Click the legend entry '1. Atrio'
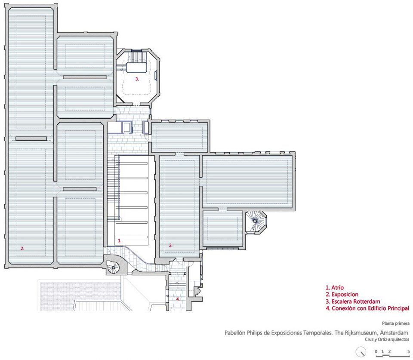pyautogui.click(x=335, y=288)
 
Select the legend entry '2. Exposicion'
pyautogui.click(x=342, y=295)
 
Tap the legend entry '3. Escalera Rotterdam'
pyautogui.click(x=353, y=301)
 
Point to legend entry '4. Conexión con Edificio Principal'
pyautogui.click(x=367, y=308)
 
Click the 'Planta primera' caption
pyautogui.click(x=396, y=323)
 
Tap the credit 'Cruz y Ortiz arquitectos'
pyautogui.click(x=387, y=339)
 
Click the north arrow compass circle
pyautogui.click(x=361, y=352)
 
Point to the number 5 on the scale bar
pyautogui.click(x=408, y=351)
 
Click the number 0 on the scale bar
pyautogui.click(x=376, y=351)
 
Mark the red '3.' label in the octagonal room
pyautogui.click(x=137, y=79)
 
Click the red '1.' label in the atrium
pyautogui.click(x=119, y=240)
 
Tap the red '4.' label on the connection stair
pyautogui.click(x=178, y=299)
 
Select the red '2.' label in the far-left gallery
pyautogui.click(x=22, y=248)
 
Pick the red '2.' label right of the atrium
pyautogui.click(x=171, y=245)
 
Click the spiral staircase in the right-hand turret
pyautogui.click(x=254, y=222)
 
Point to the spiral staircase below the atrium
pyautogui.click(x=114, y=267)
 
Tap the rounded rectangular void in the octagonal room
pyautogui.click(x=136, y=68)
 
